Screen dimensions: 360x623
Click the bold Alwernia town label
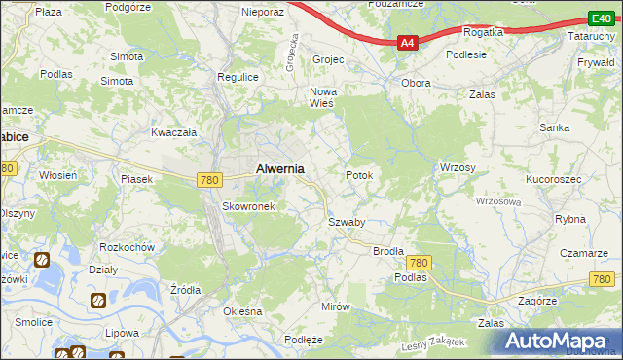(x=279, y=168)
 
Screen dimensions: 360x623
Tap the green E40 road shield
(x=601, y=18)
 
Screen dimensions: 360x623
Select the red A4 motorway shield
(x=409, y=42)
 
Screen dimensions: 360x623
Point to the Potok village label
(x=359, y=175)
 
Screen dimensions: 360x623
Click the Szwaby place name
(x=346, y=222)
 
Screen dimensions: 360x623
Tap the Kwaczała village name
(x=174, y=131)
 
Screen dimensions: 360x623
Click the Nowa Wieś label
(x=322, y=97)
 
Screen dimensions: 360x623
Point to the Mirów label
(x=335, y=306)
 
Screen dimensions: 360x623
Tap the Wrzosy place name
(x=458, y=167)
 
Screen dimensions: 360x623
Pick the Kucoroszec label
(x=553, y=180)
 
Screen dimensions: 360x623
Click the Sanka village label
(x=555, y=127)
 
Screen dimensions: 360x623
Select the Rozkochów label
(x=128, y=247)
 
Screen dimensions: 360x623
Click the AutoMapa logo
(x=560, y=341)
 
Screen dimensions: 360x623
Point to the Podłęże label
(x=303, y=339)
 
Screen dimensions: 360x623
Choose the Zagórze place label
(x=536, y=302)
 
